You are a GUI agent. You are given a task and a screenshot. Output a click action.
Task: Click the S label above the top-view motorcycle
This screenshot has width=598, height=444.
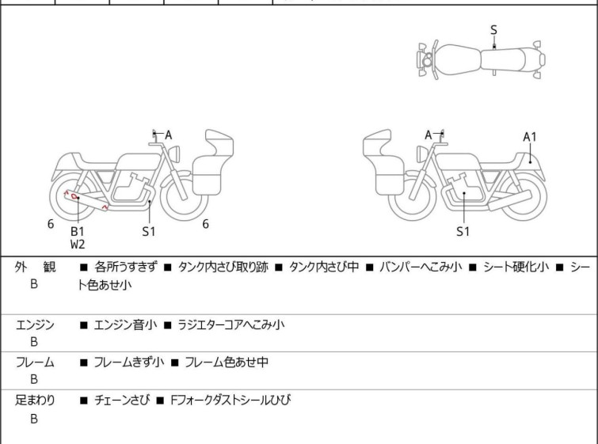point(493,30)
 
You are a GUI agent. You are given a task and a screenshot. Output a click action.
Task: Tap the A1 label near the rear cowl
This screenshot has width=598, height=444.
point(529,137)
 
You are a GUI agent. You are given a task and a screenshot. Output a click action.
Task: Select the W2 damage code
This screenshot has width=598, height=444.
point(78,245)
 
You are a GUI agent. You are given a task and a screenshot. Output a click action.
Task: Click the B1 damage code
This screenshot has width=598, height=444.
point(78,231)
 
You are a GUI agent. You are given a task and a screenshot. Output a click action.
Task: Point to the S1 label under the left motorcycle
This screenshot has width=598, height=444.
point(149,231)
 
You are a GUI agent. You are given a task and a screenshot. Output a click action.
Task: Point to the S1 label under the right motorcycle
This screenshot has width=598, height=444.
point(463,231)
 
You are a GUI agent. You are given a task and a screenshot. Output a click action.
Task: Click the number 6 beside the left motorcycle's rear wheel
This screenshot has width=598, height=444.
point(51,224)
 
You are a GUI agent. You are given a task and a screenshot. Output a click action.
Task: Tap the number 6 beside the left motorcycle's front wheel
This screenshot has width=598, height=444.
point(206,224)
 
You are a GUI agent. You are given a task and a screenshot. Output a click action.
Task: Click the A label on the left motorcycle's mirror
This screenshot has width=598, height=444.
point(168,135)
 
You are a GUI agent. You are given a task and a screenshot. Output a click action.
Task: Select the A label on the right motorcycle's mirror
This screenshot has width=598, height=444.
point(429,135)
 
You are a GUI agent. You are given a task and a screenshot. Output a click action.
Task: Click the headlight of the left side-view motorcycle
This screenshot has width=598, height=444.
point(174,154)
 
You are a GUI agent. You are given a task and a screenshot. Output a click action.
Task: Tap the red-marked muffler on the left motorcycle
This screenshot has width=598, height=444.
point(86,201)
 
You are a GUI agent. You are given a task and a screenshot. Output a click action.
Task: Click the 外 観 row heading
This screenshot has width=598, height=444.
point(35,268)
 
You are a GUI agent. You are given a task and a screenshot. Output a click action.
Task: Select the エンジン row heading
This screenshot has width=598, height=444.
point(35,325)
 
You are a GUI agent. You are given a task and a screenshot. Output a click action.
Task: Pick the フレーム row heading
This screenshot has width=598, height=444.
point(35,362)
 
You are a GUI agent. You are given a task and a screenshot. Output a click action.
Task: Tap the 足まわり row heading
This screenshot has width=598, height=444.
point(35,400)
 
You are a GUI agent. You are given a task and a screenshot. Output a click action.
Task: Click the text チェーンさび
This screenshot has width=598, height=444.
point(122,400)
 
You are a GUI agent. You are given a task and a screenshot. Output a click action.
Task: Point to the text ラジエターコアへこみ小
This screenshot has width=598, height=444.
point(231,325)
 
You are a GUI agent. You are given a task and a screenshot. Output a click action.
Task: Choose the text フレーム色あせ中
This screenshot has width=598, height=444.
point(227,362)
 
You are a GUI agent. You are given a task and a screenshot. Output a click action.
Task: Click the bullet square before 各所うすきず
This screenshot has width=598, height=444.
point(83,268)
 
